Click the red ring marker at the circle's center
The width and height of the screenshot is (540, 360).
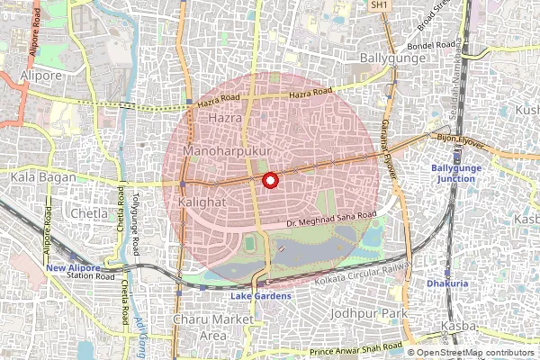[268, 180]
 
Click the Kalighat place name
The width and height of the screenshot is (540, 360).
[203, 202]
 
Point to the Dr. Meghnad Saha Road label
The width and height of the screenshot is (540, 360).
[329, 217]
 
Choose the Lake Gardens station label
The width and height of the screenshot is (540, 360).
[261, 296]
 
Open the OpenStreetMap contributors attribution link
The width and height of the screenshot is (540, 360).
[476, 353]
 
